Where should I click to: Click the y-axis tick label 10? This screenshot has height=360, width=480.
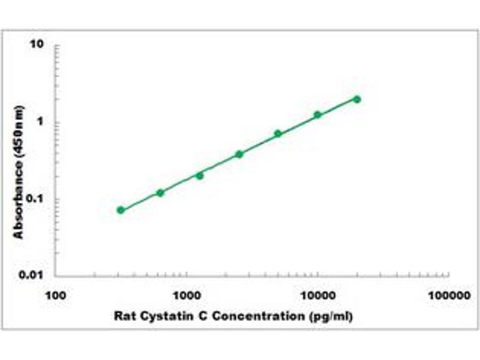click(39, 46)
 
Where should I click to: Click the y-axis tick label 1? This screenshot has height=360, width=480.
click(41, 122)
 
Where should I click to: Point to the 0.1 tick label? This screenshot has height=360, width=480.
click(37, 199)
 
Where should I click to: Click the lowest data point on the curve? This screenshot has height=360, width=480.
click(121, 210)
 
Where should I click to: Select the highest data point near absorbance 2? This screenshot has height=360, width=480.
click(357, 99)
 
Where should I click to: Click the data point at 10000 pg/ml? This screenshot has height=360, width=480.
click(317, 115)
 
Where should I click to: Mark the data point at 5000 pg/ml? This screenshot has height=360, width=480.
click(278, 133)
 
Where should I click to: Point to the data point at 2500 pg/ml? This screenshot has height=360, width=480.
click(239, 154)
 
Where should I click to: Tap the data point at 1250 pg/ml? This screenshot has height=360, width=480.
click(200, 176)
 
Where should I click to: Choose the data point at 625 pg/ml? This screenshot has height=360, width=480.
click(160, 193)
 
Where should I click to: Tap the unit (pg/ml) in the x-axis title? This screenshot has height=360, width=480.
click(330, 316)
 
